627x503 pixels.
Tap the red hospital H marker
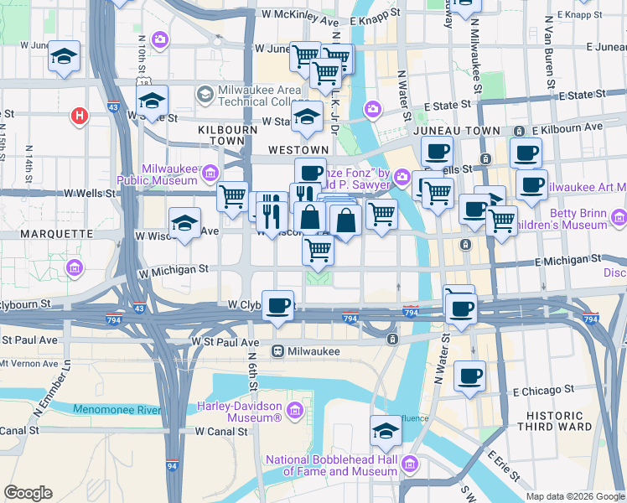coord(80,116)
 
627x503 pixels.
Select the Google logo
coord(28,493)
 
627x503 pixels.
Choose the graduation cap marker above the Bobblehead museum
coord(386,431)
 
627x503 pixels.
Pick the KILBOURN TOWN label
coord(225,137)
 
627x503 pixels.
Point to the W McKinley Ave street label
coord(298,15)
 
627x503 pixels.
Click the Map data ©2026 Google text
coord(575,496)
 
